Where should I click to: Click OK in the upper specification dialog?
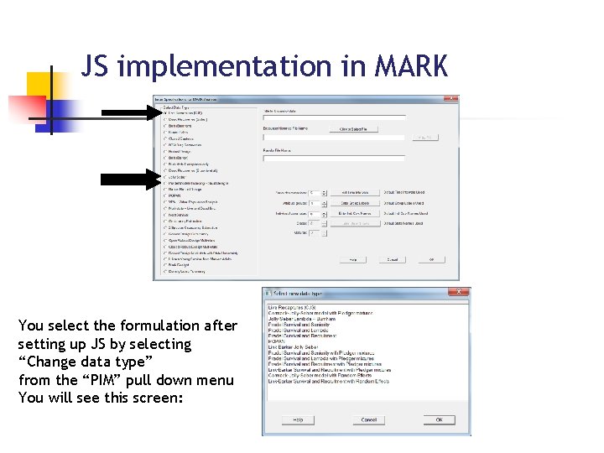[x=431, y=260]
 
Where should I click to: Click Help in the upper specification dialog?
[x=352, y=260]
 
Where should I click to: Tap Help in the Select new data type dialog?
[x=298, y=419]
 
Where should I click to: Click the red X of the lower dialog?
[x=461, y=293]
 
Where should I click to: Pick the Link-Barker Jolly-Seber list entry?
[x=297, y=347]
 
